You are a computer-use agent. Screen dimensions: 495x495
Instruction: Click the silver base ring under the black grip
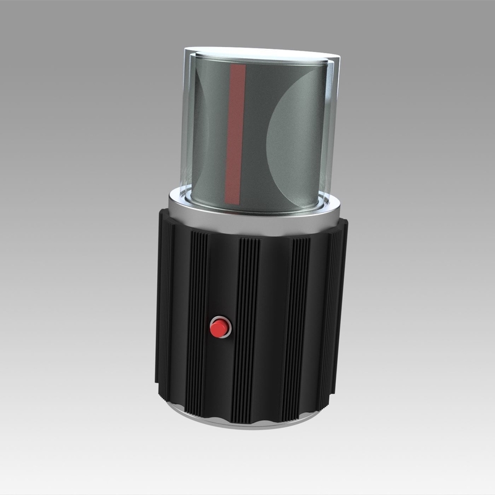(x=247, y=421)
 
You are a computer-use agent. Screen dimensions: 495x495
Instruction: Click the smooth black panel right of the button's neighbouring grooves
(x=272, y=322)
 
